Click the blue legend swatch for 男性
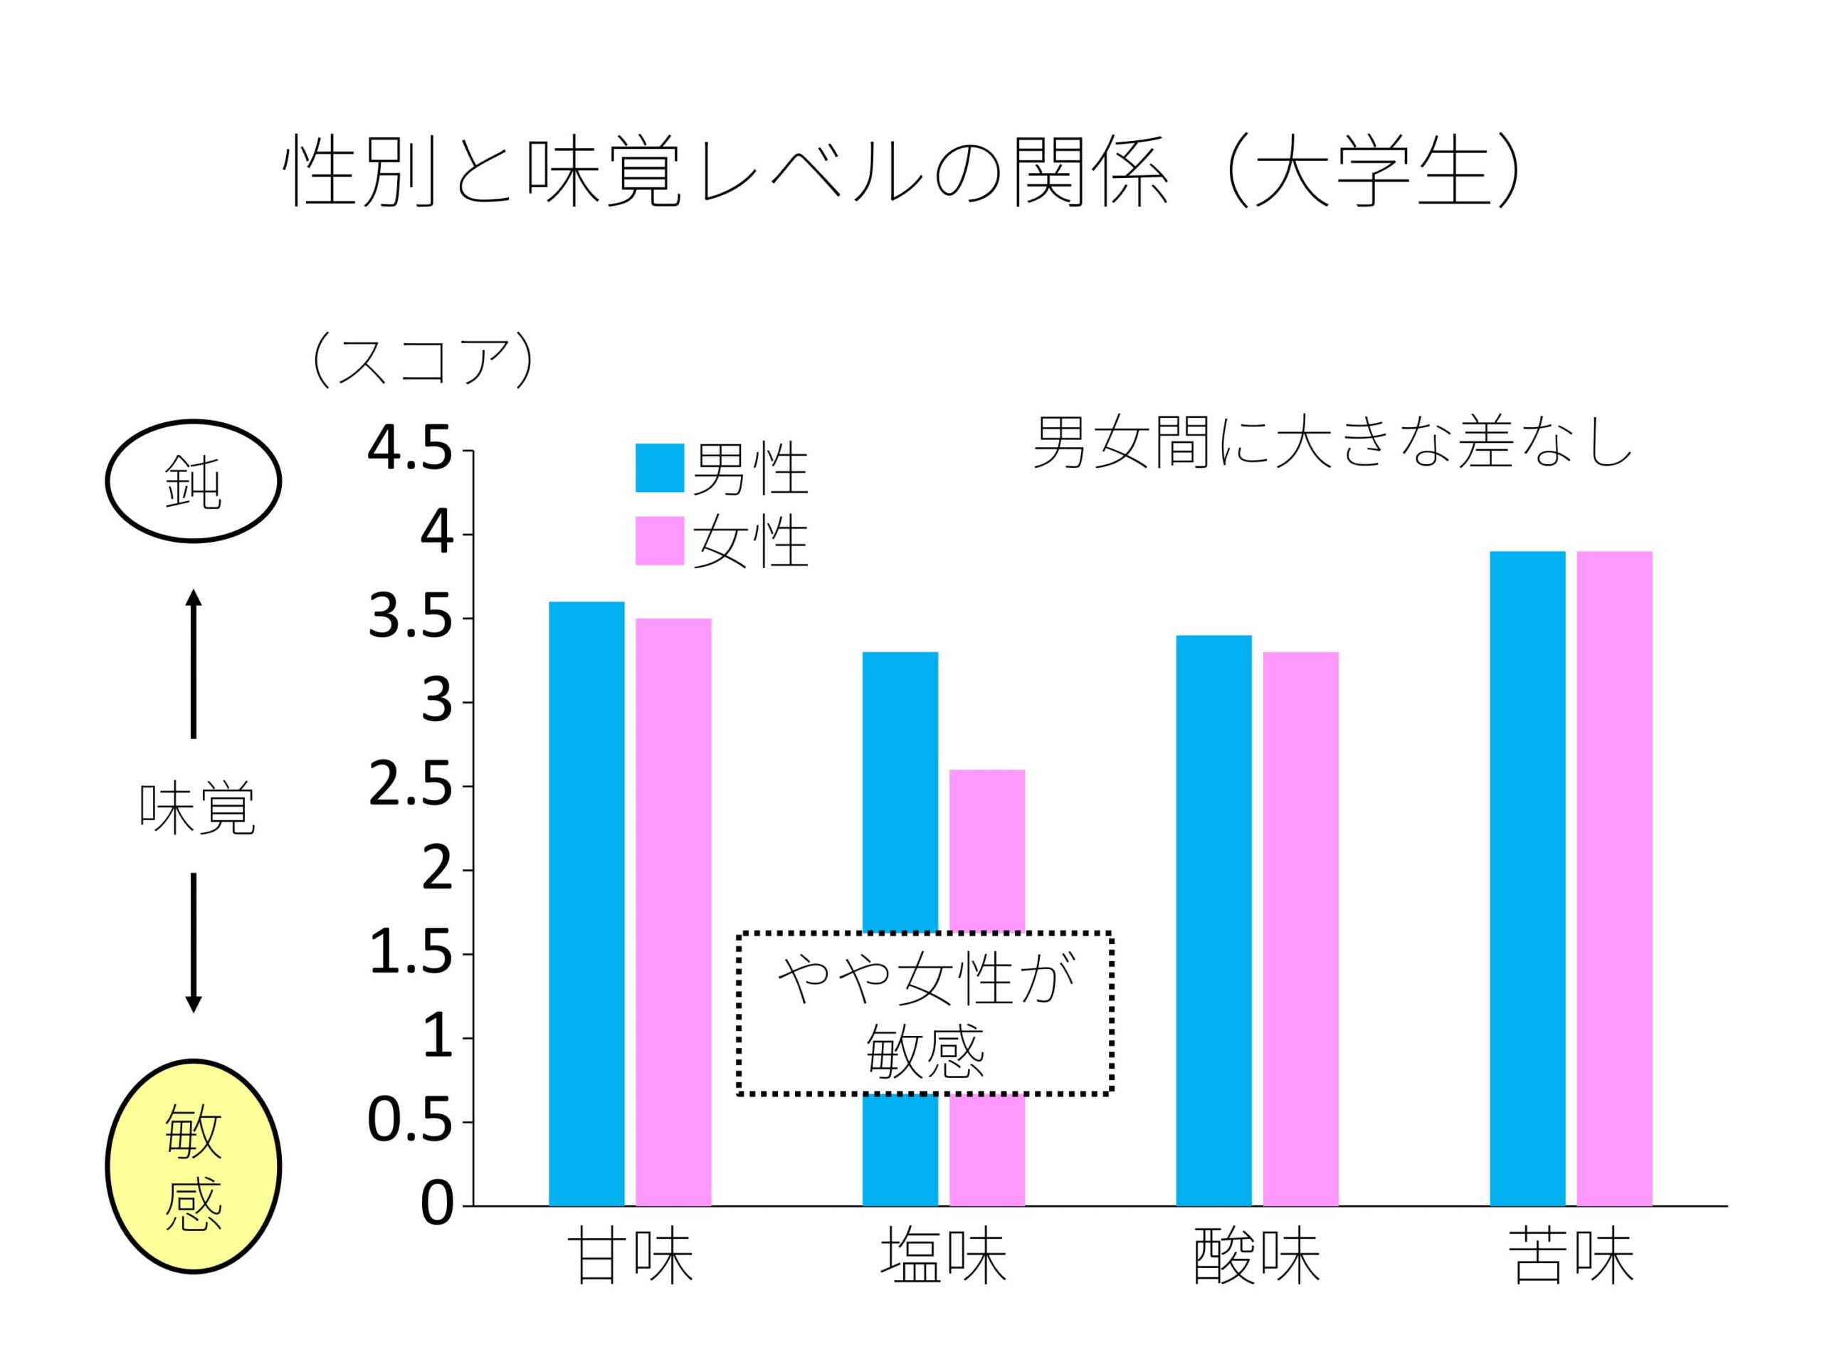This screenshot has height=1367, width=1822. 659,468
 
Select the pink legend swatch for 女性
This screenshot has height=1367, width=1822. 659,540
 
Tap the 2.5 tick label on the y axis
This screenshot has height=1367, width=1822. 409,786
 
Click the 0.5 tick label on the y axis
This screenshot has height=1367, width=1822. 409,1121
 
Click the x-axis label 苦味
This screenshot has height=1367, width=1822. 1571,1257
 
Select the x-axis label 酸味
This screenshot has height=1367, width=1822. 1257,1257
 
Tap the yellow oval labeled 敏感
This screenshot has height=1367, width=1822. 194,1166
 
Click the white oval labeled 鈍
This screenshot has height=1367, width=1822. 194,481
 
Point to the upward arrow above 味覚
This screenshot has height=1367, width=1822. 194,664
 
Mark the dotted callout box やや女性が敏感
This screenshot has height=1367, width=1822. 925,1014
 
